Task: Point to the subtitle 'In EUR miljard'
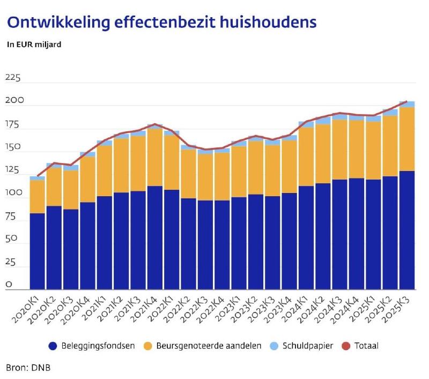pyautogui.click(x=34, y=44)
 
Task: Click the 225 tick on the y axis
pyautogui.click(x=12, y=79)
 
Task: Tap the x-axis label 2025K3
pyautogui.click(x=398, y=312)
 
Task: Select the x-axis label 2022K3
pyautogui.click(x=197, y=312)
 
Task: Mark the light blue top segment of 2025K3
pyautogui.click(x=406, y=104)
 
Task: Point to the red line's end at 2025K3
pyautogui.click(x=406, y=101)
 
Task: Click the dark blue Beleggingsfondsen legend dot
pyautogui.click(x=52, y=346)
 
